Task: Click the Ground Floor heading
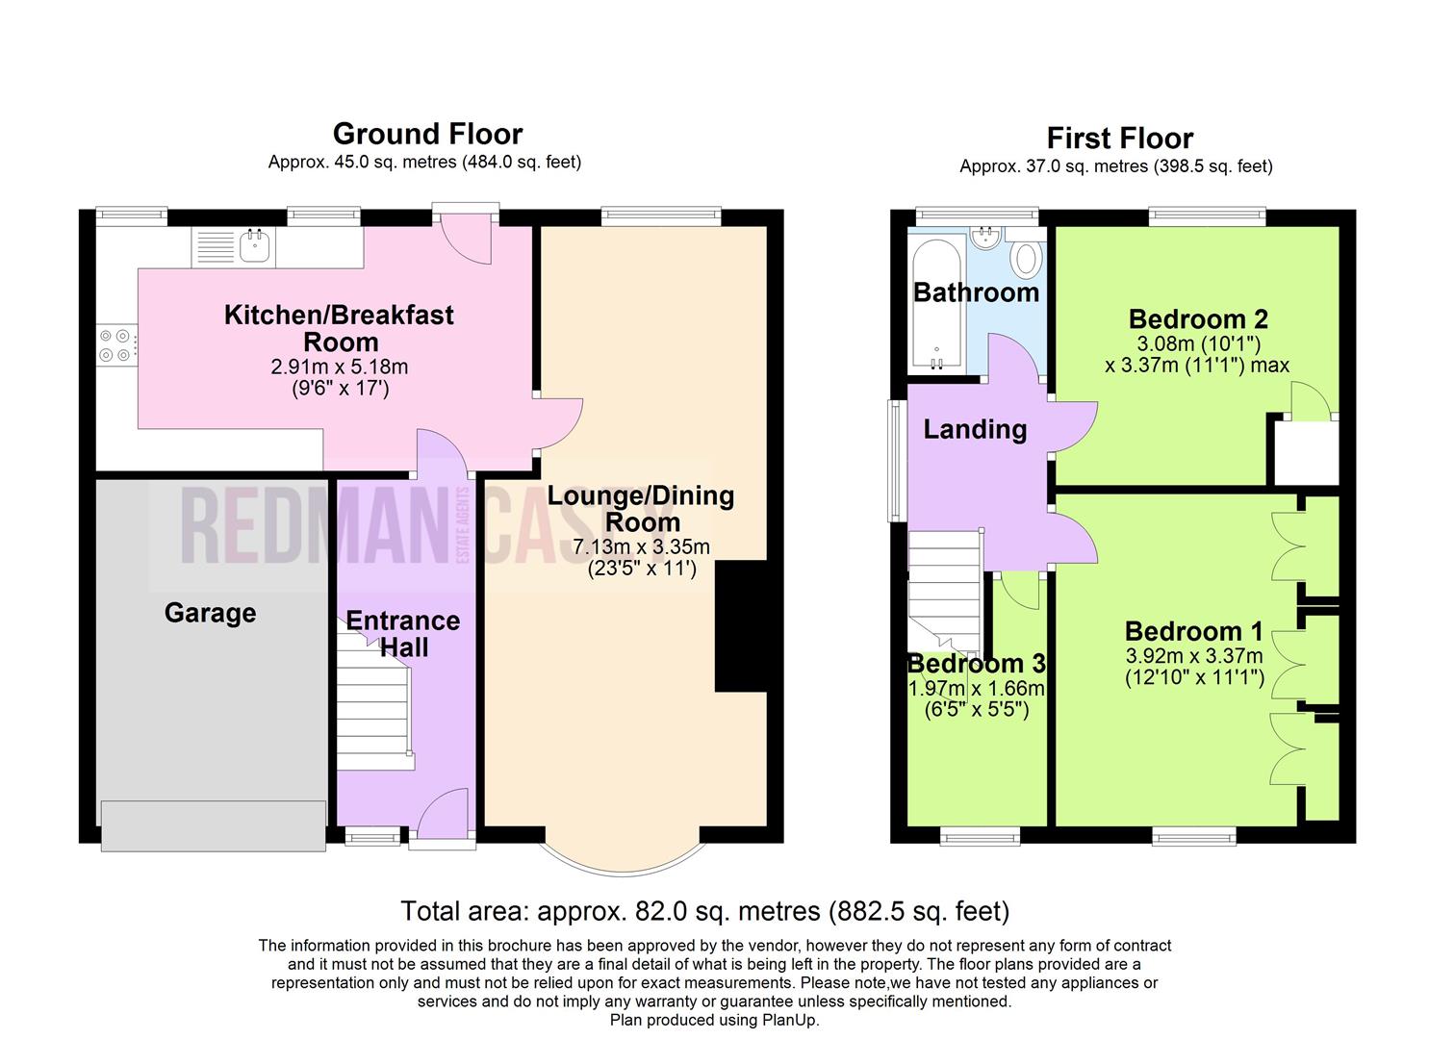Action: (427, 134)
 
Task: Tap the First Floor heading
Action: (1119, 139)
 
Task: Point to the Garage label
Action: (210, 613)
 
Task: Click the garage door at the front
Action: (213, 825)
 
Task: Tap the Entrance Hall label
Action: (402, 634)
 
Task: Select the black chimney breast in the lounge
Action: (740, 625)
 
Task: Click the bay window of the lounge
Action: (624, 874)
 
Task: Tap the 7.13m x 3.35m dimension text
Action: (641, 546)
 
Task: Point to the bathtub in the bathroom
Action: (936, 304)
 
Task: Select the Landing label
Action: (975, 429)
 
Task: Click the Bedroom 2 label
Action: (1198, 318)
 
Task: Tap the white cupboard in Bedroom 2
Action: (1306, 453)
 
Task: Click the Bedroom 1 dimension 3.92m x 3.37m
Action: (1193, 655)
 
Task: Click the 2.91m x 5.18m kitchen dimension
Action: (340, 367)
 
